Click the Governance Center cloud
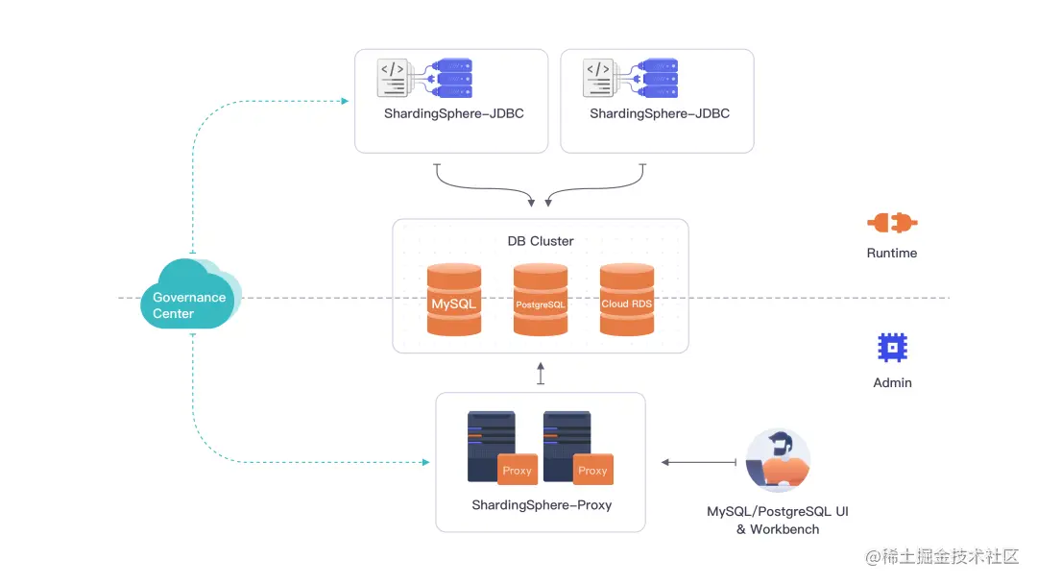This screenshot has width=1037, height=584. pos(189,299)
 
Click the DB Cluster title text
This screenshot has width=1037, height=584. pos(541,241)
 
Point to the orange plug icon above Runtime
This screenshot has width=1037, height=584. pos(892,223)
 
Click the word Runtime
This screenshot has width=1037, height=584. pos(892,253)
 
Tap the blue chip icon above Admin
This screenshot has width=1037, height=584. pos(893,347)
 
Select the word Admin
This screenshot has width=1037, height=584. pos(893,382)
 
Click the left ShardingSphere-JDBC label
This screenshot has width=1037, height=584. pos(454,113)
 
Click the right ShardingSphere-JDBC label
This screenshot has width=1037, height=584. pos(660,113)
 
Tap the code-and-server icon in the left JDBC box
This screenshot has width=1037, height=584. pos(425,79)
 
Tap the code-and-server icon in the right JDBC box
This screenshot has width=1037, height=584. pos(631,79)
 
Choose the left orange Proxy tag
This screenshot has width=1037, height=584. pos(518,470)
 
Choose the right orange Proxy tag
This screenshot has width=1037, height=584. pos(593,470)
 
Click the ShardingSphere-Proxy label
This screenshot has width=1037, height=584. pos(542,505)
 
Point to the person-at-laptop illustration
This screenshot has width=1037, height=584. pos(780,461)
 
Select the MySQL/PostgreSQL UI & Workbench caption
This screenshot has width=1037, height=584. pos(778,521)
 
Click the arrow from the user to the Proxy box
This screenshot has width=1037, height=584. pos(698,463)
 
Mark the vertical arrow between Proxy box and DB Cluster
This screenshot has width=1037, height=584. pos(541,374)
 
